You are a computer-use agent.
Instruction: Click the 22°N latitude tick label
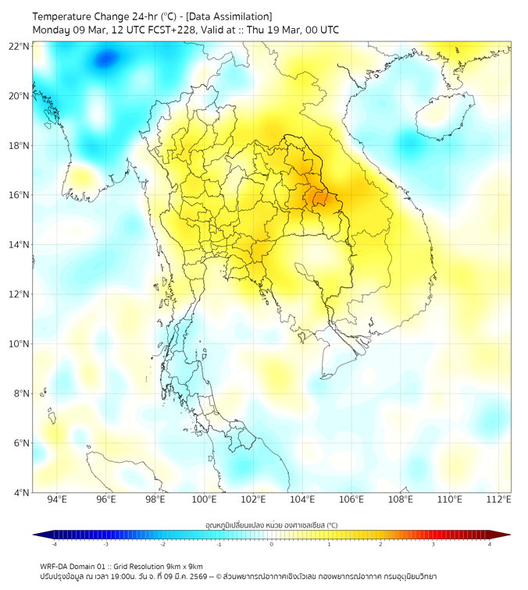click(x=20, y=46)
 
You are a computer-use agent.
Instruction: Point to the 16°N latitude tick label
click(x=20, y=195)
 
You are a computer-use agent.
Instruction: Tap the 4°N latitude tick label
click(x=22, y=492)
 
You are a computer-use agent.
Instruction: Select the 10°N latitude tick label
click(x=20, y=344)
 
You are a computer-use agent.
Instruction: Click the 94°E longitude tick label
click(x=57, y=500)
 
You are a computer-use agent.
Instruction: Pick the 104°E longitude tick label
click(x=302, y=500)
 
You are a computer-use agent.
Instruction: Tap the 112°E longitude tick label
click(x=498, y=500)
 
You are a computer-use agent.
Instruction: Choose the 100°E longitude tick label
click(x=204, y=500)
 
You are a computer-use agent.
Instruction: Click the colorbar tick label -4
click(x=54, y=544)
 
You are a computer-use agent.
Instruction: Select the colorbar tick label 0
click(x=272, y=544)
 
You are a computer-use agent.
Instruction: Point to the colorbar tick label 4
click(x=490, y=544)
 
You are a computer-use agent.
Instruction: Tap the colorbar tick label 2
click(x=381, y=544)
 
